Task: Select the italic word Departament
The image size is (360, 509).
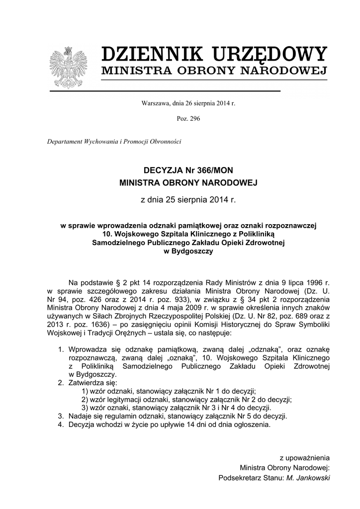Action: point(67,141)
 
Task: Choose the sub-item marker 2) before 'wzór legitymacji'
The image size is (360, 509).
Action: point(84,399)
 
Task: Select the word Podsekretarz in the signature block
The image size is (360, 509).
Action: point(238,478)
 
